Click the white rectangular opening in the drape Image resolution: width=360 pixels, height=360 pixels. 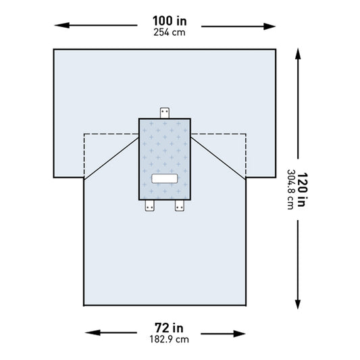click(165, 179)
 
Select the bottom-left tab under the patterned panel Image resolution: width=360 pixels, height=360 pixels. click(150, 207)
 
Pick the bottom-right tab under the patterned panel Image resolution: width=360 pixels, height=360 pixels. click(180, 207)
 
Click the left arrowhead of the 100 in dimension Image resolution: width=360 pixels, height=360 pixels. click(59, 26)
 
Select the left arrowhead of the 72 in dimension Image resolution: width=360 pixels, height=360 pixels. click(89, 332)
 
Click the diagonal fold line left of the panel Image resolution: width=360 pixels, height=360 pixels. click(111, 156)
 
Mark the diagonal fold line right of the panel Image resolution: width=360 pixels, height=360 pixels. click(219, 156)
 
